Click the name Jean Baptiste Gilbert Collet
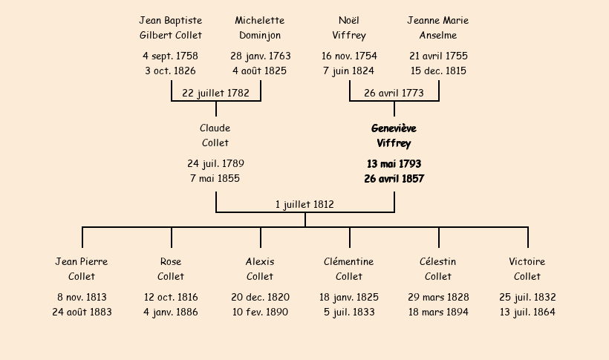click(x=171, y=27)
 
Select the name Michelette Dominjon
click(x=260, y=27)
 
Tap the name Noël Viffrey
click(x=349, y=27)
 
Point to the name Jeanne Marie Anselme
click(x=438, y=27)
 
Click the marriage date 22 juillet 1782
click(x=215, y=93)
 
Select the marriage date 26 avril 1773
click(x=394, y=93)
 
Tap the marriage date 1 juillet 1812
click(x=304, y=204)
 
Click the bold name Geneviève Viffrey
click(x=394, y=136)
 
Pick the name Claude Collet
click(x=215, y=136)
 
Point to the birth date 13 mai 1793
click(x=394, y=163)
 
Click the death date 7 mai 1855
click(x=215, y=178)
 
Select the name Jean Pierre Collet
click(x=82, y=269)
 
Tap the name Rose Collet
click(x=171, y=269)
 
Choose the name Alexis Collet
click(x=260, y=269)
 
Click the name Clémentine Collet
click(x=349, y=269)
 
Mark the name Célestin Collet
click(x=438, y=269)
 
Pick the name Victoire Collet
click(x=527, y=269)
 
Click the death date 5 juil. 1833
click(x=349, y=312)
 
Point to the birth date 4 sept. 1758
click(x=171, y=56)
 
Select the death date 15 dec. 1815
click(x=438, y=71)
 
